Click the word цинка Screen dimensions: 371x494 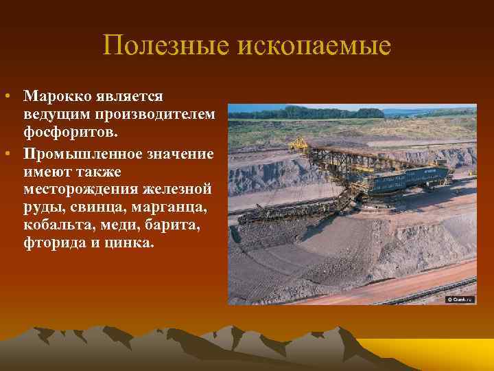[x=131, y=242]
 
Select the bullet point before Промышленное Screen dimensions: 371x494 [x=5, y=153]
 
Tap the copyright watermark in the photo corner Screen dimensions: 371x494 [x=460, y=299]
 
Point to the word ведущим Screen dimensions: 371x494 [x=54, y=112]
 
